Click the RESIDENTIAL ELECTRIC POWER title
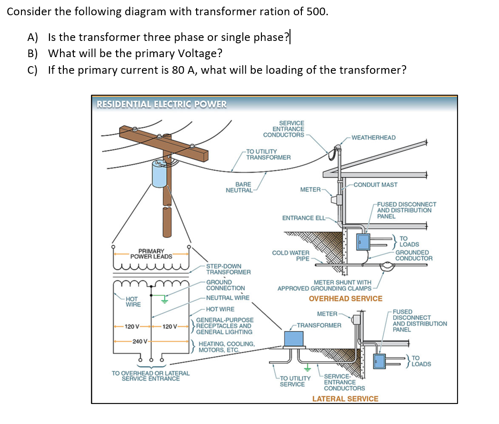tap(162, 104)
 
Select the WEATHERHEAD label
tap(373, 138)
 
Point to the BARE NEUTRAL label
tap(239, 187)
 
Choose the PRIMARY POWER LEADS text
tap(151, 254)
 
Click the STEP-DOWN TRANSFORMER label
tap(228, 269)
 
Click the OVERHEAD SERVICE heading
tap(345, 298)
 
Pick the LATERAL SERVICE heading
tap(345, 399)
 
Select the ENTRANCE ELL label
tap(304, 218)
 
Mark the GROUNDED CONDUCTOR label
tap(414, 256)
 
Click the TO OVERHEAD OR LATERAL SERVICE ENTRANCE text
tap(150, 376)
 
